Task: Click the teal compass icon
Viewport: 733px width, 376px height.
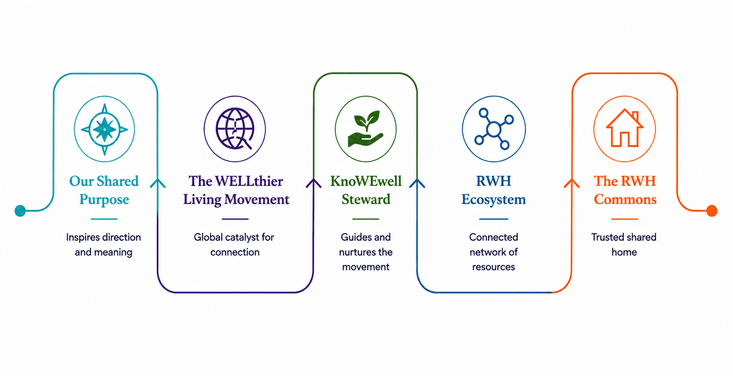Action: (x=104, y=129)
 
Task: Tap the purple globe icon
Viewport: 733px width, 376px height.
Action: (x=235, y=129)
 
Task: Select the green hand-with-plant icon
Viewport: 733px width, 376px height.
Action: (x=366, y=129)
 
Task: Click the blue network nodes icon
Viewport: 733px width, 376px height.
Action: (x=494, y=129)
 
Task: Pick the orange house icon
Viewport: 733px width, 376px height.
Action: (x=625, y=129)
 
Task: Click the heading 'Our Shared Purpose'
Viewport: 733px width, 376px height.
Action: (x=104, y=190)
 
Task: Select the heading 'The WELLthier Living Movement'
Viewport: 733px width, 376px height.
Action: (x=236, y=190)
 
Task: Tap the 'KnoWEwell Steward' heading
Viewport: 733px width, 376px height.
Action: (x=366, y=190)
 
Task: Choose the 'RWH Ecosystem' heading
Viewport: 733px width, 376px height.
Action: (x=494, y=190)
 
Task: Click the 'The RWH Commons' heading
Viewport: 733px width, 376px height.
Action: (x=625, y=190)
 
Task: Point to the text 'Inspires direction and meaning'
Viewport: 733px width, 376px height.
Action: (x=103, y=245)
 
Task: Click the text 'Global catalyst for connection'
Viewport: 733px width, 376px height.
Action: (x=234, y=245)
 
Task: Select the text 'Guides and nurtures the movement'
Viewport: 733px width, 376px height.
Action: (x=366, y=252)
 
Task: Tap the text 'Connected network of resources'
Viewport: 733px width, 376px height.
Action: (x=494, y=252)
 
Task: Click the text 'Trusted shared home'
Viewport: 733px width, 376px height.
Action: (x=624, y=245)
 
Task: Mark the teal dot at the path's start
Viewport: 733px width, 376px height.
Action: (x=20, y=211)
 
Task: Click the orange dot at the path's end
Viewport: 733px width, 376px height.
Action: (x=712, y=211)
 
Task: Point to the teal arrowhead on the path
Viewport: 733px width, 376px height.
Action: (x=158, y=183)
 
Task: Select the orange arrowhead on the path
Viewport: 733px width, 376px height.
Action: (x=572, y=183)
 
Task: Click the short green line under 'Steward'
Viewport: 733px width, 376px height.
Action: (x=366, y=219)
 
